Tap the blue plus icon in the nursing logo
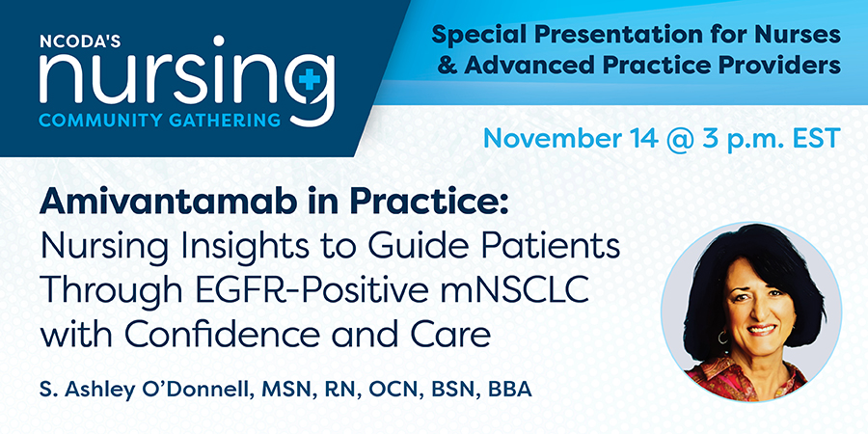point(310,81)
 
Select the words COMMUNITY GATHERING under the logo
point(160,120)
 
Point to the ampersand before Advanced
point(447,66)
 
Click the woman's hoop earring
point(723,338)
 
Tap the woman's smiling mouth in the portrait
point(763,330)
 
